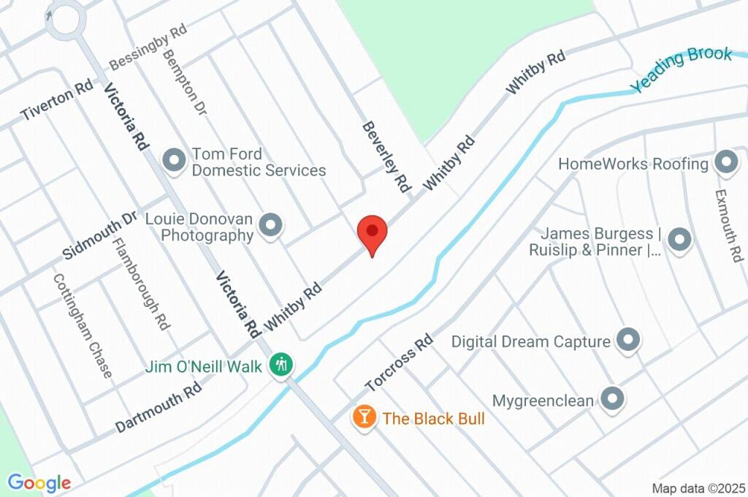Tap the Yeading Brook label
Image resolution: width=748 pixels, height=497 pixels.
point(682,69)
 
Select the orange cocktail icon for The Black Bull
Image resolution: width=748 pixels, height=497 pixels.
point(363,417)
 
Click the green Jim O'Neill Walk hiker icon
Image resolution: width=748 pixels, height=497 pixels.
point(280,363)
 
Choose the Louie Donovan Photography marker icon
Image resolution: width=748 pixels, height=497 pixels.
point(271,226)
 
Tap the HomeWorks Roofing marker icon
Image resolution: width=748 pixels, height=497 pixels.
point(725,163)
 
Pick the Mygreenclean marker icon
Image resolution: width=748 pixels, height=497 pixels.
point(611,399)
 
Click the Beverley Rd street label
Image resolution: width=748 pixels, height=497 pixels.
point(386,157)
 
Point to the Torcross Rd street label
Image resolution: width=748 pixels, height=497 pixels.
point(400,363)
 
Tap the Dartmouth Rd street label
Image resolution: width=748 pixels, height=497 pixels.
point(159,408)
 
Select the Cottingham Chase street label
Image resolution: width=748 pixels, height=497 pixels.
point(83,326)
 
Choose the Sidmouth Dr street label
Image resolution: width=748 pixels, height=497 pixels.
point(100,235)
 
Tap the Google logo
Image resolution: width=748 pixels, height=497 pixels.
point(39,483)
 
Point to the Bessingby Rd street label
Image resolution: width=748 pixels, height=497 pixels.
point(148,48)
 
